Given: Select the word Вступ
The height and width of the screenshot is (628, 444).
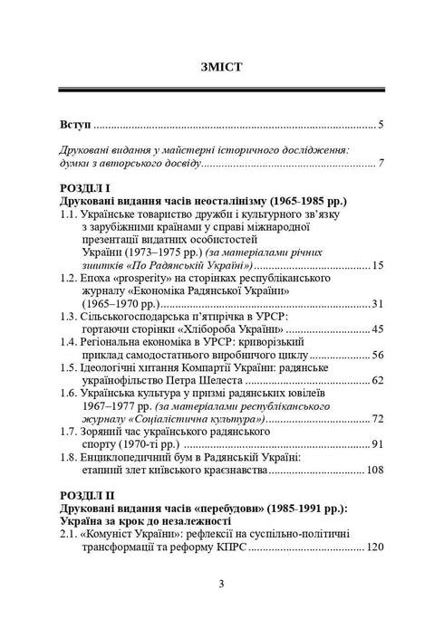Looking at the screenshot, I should pos(74,123).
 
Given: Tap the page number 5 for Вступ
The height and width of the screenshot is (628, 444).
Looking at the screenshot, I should pos(383,124).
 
